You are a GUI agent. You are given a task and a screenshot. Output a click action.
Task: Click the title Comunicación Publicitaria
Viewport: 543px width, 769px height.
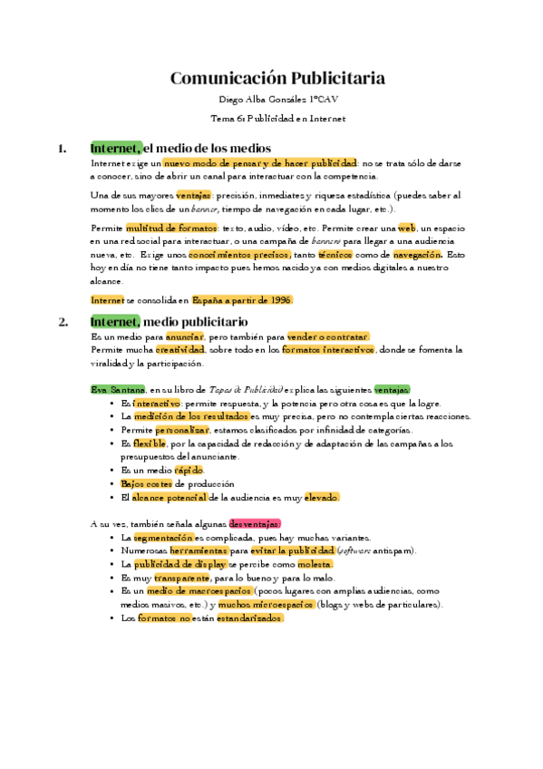point(277,78)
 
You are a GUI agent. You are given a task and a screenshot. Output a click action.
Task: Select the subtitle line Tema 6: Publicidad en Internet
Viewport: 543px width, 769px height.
point(277,118)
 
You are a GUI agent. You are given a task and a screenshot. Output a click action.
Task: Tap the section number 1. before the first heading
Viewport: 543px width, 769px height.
point(63,149)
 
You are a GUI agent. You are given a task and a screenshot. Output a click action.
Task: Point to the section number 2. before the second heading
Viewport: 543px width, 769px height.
point(63,321)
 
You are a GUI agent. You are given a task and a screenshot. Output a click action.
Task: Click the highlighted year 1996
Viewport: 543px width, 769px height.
point(278,299)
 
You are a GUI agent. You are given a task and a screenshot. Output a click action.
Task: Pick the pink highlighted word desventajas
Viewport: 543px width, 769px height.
point(255,523)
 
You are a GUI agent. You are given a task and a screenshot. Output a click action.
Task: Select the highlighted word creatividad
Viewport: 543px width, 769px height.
point(179,349)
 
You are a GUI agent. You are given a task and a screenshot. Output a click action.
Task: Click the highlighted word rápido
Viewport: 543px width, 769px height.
point(189,471)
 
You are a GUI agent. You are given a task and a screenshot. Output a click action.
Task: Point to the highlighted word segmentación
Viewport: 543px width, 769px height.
point(163,538)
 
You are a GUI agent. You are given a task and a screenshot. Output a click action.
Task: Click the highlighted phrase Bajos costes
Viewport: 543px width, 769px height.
point(145,484)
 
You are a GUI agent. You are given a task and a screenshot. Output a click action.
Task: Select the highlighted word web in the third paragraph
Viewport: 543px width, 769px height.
point(406,228)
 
